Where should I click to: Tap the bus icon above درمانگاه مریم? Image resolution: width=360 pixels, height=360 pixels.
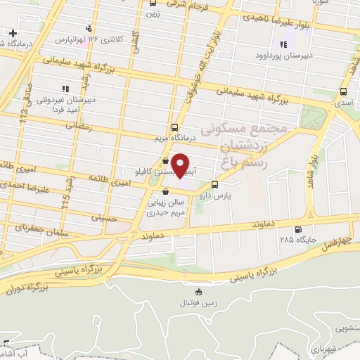pos(174,127)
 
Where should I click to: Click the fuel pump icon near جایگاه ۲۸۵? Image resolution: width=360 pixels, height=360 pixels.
pos(299,229)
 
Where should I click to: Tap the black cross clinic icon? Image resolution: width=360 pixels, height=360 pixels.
pos(13,33)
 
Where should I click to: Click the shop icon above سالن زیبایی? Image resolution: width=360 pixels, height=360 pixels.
pos(165,190)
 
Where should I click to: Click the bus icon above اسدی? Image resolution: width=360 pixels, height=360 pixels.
pos(343,92)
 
